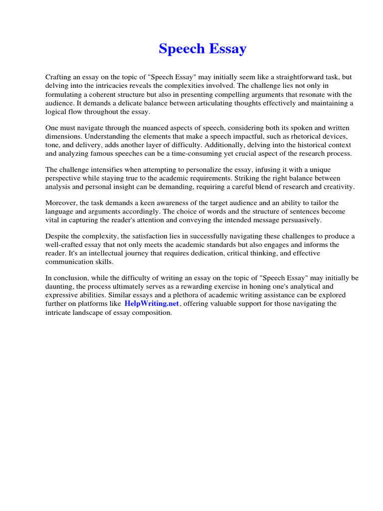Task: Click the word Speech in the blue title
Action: (182, 49)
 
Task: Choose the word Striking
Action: (253, 179)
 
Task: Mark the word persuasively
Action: (298, 220)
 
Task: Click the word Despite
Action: (57, 236)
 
